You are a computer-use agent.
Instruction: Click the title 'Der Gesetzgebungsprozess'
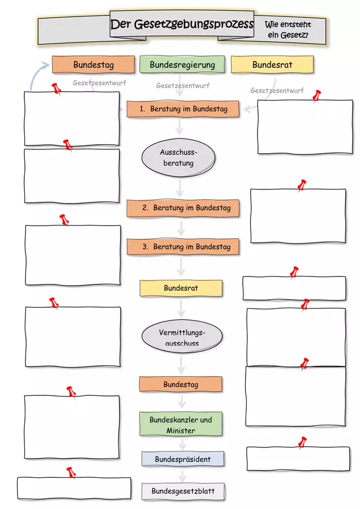pos(182,24)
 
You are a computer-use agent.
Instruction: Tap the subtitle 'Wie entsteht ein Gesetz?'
pos(288,29)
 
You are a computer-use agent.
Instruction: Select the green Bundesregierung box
pos(182,64)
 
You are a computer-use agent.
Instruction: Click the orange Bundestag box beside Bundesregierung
pos(93,64)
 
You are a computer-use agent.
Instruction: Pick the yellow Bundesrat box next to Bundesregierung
pos(272,64)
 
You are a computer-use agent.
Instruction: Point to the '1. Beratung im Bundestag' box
pos(183,109)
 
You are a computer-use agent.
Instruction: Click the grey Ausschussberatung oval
pos(178,158)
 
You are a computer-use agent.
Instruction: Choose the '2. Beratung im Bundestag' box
pos(183,208)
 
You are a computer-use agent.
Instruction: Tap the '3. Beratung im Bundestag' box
pos(183,247)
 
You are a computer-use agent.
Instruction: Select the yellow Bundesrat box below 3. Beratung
pos(181,288)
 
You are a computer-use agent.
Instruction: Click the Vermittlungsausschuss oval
pos(182,337)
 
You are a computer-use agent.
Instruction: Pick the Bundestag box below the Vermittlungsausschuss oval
pos(181,385)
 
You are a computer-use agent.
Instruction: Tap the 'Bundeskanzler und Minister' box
pos(181,424)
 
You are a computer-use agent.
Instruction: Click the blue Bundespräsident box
pos(183,459)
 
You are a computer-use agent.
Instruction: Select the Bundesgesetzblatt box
pos(183,491)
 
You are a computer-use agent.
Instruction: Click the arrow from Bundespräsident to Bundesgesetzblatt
pos(182,476)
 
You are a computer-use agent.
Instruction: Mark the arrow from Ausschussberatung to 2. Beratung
pos(179,188)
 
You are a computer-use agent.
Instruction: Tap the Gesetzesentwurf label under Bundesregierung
pos(183,86)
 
